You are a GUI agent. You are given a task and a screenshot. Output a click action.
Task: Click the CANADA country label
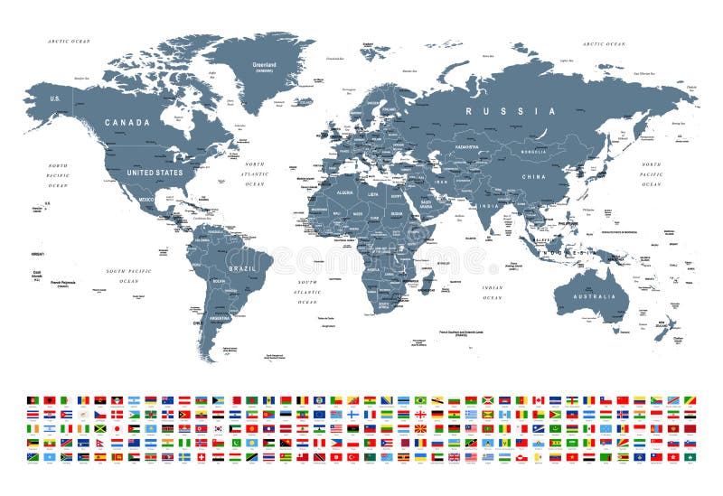(127, 122)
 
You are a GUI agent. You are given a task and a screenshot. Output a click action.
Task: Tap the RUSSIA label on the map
(511, 111)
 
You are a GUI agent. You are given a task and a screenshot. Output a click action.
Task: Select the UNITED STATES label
(155, 172)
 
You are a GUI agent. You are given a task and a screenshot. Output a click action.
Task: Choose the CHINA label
(535, 176)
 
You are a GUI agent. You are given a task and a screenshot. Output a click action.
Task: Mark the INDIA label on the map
(489, 206)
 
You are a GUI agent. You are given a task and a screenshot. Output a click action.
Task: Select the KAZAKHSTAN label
(467, 145)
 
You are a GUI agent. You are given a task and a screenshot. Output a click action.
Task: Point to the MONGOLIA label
(533, 152)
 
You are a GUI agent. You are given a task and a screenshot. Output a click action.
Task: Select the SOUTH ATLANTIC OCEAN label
(307, 292)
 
